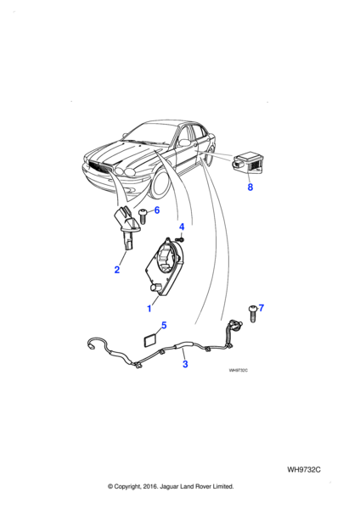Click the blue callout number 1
pos(149,309)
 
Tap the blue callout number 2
pos(117,270)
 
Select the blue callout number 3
pos(185,364)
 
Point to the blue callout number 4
pos(182,227)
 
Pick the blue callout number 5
pos(164,325)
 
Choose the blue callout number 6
pos(157,210)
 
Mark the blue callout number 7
pos(262,308)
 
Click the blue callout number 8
pos(250,187)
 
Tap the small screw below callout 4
pos(182,239)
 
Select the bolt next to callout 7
pos(253,313)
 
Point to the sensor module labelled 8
pos(249,165)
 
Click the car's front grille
pos(99,166)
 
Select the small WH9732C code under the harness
pos(238,371)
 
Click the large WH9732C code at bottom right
pos(304,470)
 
